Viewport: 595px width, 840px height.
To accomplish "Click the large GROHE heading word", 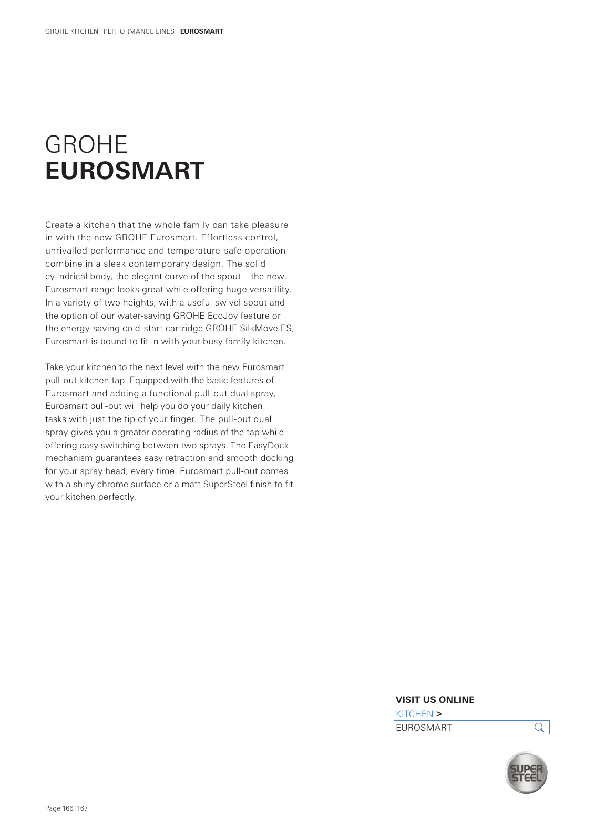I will click(x=86, y=144).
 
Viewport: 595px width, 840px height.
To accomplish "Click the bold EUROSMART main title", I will click(x=125, y=171).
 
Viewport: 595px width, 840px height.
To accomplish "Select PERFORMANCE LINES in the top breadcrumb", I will click(x=139, y=31).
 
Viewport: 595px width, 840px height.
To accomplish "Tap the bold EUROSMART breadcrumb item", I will click(x=202, y=31).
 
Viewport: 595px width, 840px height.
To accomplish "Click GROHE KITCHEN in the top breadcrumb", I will click(x=71, y=31).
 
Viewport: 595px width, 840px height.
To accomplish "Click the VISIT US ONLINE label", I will click(x=435, y=700).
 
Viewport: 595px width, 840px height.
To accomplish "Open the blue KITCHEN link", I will click(x=414, y=714).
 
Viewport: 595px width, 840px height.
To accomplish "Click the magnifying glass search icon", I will click(x=539, y=728).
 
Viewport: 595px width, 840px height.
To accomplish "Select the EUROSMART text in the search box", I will click(x=424, y=728).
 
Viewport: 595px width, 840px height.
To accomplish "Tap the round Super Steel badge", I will click(x=526, y=773).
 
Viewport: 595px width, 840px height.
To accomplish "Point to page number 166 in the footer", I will click(x=68, y=808).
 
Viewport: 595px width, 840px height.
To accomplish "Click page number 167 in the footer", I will click(x=83, y=808).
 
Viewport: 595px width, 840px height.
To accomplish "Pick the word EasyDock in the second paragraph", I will click(x=269, y=445).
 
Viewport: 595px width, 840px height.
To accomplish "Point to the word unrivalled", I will click(x=66, y=251).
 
